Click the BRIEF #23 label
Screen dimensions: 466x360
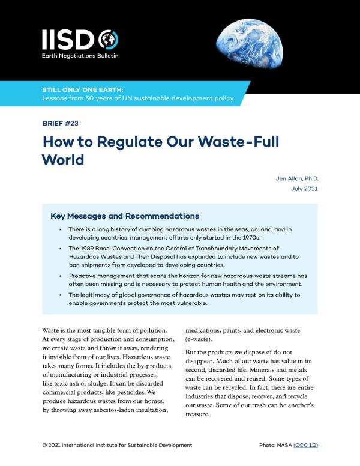(x=60, y=123)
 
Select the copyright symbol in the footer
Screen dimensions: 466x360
(x=46, y=445)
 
